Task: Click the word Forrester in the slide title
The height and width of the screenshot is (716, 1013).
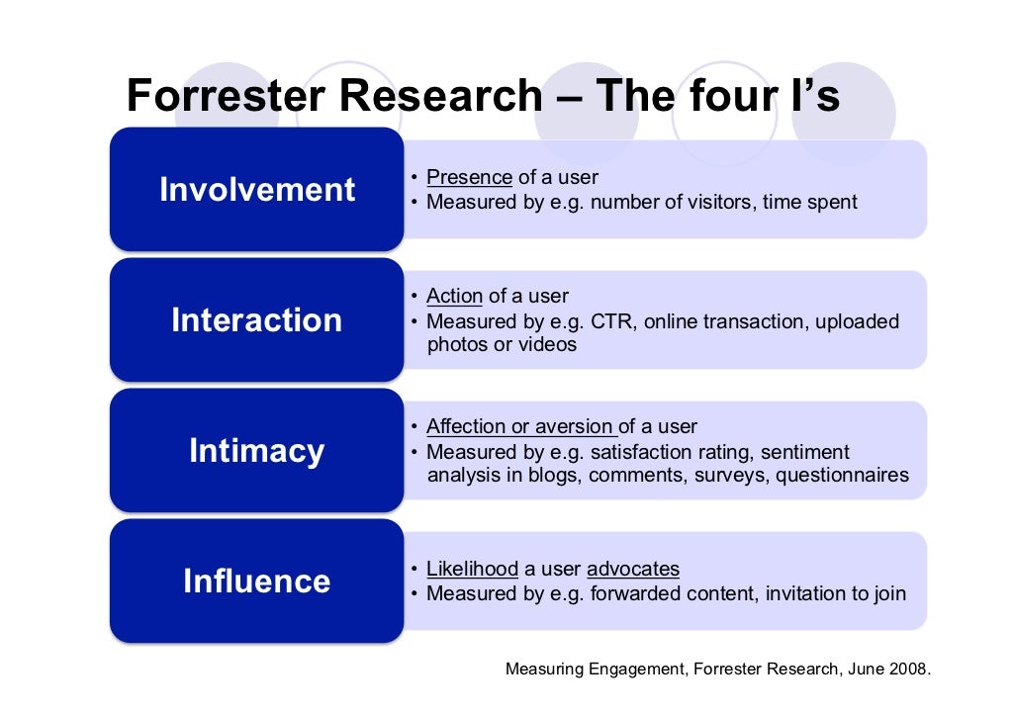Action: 223,97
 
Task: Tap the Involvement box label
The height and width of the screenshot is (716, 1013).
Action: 257,189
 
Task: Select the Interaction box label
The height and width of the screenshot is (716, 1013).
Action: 257,319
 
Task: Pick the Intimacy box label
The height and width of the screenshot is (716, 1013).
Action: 257,450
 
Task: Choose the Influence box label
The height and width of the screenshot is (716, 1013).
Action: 257,581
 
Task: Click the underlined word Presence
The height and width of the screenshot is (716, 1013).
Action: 469,178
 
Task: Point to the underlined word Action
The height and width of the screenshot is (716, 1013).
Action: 454,297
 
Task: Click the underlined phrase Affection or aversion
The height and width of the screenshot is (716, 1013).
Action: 520,427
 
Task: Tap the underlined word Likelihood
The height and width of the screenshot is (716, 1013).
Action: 472,570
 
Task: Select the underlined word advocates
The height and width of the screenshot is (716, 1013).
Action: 633,570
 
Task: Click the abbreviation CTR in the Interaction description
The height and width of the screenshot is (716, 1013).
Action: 613,322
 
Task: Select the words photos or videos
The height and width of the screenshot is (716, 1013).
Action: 502,345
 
